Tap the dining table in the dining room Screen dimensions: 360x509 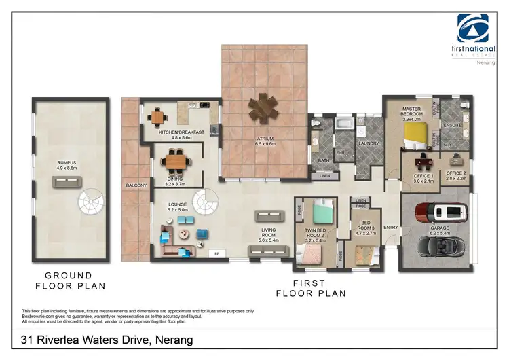[175, 162]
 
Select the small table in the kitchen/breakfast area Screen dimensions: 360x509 [158, 116]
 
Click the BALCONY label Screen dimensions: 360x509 [136, 185]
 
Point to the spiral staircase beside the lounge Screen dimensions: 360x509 [203, 202]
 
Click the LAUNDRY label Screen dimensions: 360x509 [370, 144]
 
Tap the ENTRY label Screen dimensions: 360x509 [390, 227]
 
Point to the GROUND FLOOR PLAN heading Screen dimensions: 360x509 [68, 281]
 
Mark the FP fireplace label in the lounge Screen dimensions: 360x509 [217, 254]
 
